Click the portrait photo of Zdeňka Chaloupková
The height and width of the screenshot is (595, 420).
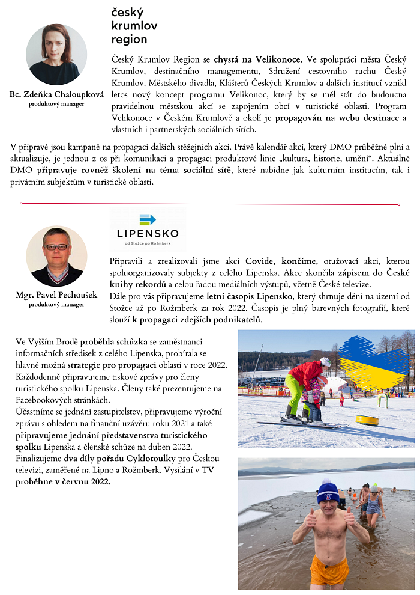click(56, 55)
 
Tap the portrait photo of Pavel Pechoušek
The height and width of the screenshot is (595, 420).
click(56, 256)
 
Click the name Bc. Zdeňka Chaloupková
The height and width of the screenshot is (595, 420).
click(56, 95)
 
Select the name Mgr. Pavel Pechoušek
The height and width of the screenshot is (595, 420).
click(56, 296)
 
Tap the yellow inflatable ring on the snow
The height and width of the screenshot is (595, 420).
click(367, 420)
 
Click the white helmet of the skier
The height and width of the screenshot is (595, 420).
click(325, 362)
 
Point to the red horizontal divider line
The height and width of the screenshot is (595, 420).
click(210, 204)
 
